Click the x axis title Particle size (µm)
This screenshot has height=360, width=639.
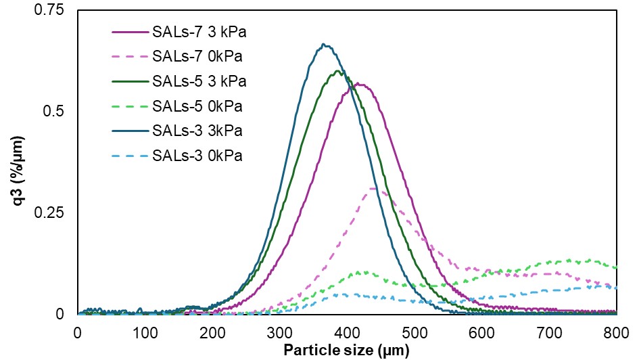point(347,351)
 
